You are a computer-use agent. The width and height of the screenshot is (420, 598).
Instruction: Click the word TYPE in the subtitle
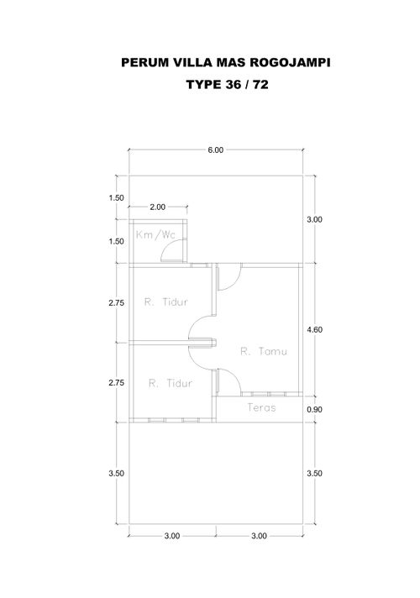(x=204, y=84)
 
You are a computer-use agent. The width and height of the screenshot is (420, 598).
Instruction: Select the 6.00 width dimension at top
(x=216, y=149)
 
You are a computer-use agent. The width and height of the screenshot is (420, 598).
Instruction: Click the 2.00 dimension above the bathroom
(x=158, y=207)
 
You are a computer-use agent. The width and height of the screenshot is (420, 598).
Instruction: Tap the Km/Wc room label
(x=155, y=234)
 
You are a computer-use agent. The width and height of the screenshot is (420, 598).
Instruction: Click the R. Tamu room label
(x=264, y=351)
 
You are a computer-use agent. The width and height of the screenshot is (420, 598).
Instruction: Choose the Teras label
(x=261, y=407)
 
